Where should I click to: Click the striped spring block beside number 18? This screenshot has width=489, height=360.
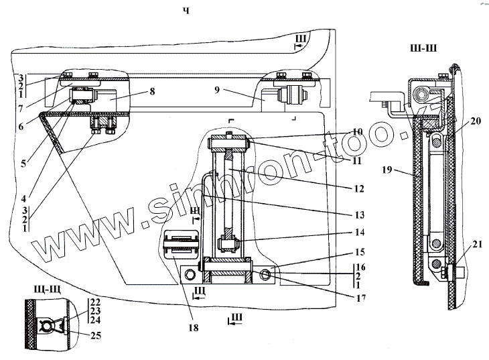point(180,243)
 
